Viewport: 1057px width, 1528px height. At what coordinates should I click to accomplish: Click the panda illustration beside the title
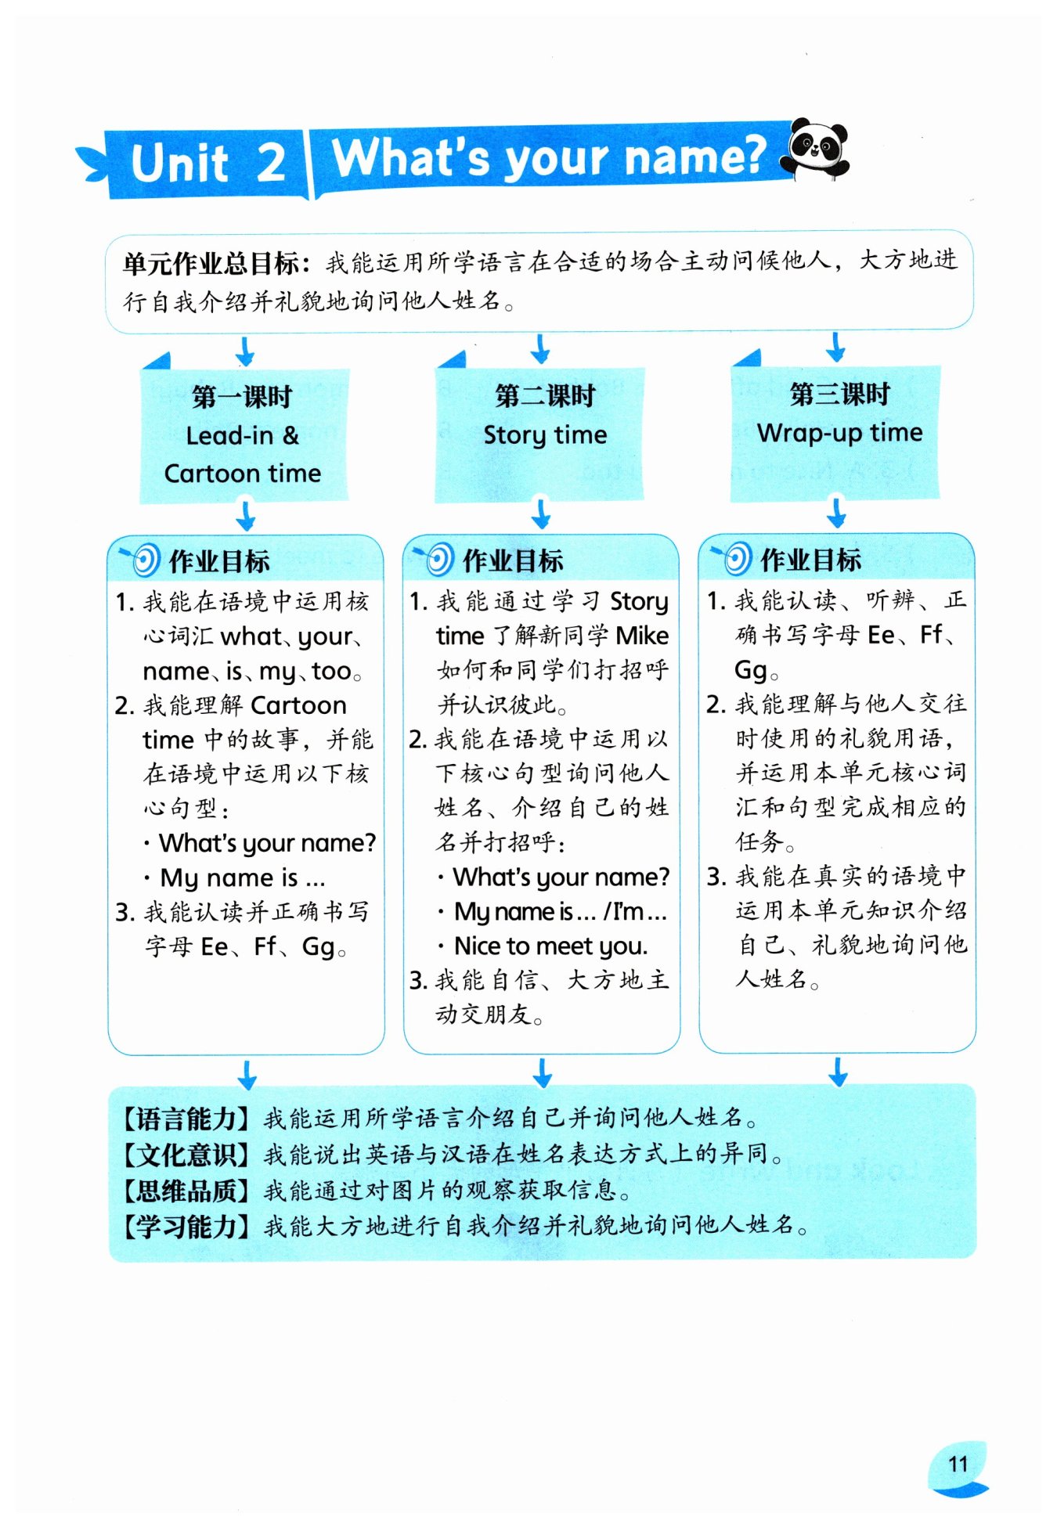pos(817,148)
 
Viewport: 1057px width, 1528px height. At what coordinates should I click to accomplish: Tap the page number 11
pos(958,1464)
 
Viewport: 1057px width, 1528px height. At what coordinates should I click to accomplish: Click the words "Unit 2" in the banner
pos(207,163)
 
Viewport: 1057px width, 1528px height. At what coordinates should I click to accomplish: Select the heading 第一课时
pos(242,397)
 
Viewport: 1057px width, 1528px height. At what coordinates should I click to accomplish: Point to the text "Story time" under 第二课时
pos(545,434)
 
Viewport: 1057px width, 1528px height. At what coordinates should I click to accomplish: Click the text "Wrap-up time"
pos(839,432)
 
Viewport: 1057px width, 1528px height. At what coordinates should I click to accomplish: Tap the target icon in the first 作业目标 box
pos(143,560)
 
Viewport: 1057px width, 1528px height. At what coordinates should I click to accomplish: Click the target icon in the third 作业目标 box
pos(734,558)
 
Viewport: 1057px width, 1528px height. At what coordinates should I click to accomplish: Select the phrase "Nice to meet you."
pos(550,946)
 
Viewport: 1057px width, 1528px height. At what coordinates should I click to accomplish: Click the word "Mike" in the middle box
pos(642,636)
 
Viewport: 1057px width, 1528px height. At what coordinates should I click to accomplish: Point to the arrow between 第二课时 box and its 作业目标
pos(541,514)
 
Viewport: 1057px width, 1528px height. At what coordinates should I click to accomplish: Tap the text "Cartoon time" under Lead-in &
pos(243,474)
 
